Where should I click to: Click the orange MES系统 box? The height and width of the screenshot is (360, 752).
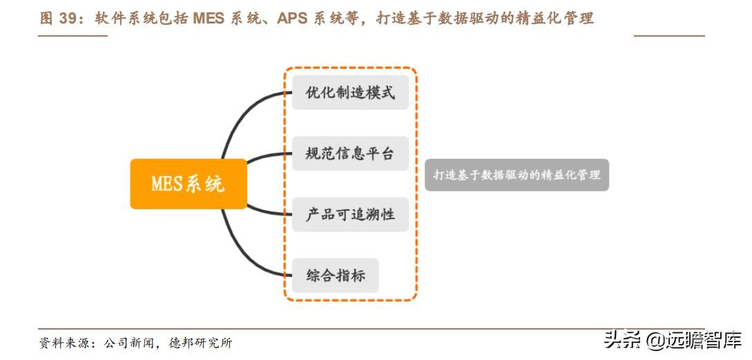[188, 184]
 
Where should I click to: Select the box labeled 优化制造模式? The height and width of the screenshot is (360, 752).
[350, 93]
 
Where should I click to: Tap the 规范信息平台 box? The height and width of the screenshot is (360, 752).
[350, 153]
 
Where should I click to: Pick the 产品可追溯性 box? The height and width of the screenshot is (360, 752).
[350, 214]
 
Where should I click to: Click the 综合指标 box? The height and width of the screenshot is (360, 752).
[335, 275]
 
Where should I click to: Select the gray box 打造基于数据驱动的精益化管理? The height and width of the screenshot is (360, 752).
[517, 175]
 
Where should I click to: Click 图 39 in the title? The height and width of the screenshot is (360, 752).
[58, 19]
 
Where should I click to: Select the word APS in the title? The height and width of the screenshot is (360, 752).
[292, 19]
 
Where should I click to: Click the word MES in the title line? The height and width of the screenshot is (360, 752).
[208, 19]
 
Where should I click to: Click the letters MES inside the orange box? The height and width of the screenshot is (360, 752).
[167, 184]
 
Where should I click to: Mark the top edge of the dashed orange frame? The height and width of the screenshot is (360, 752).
[350, 68]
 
